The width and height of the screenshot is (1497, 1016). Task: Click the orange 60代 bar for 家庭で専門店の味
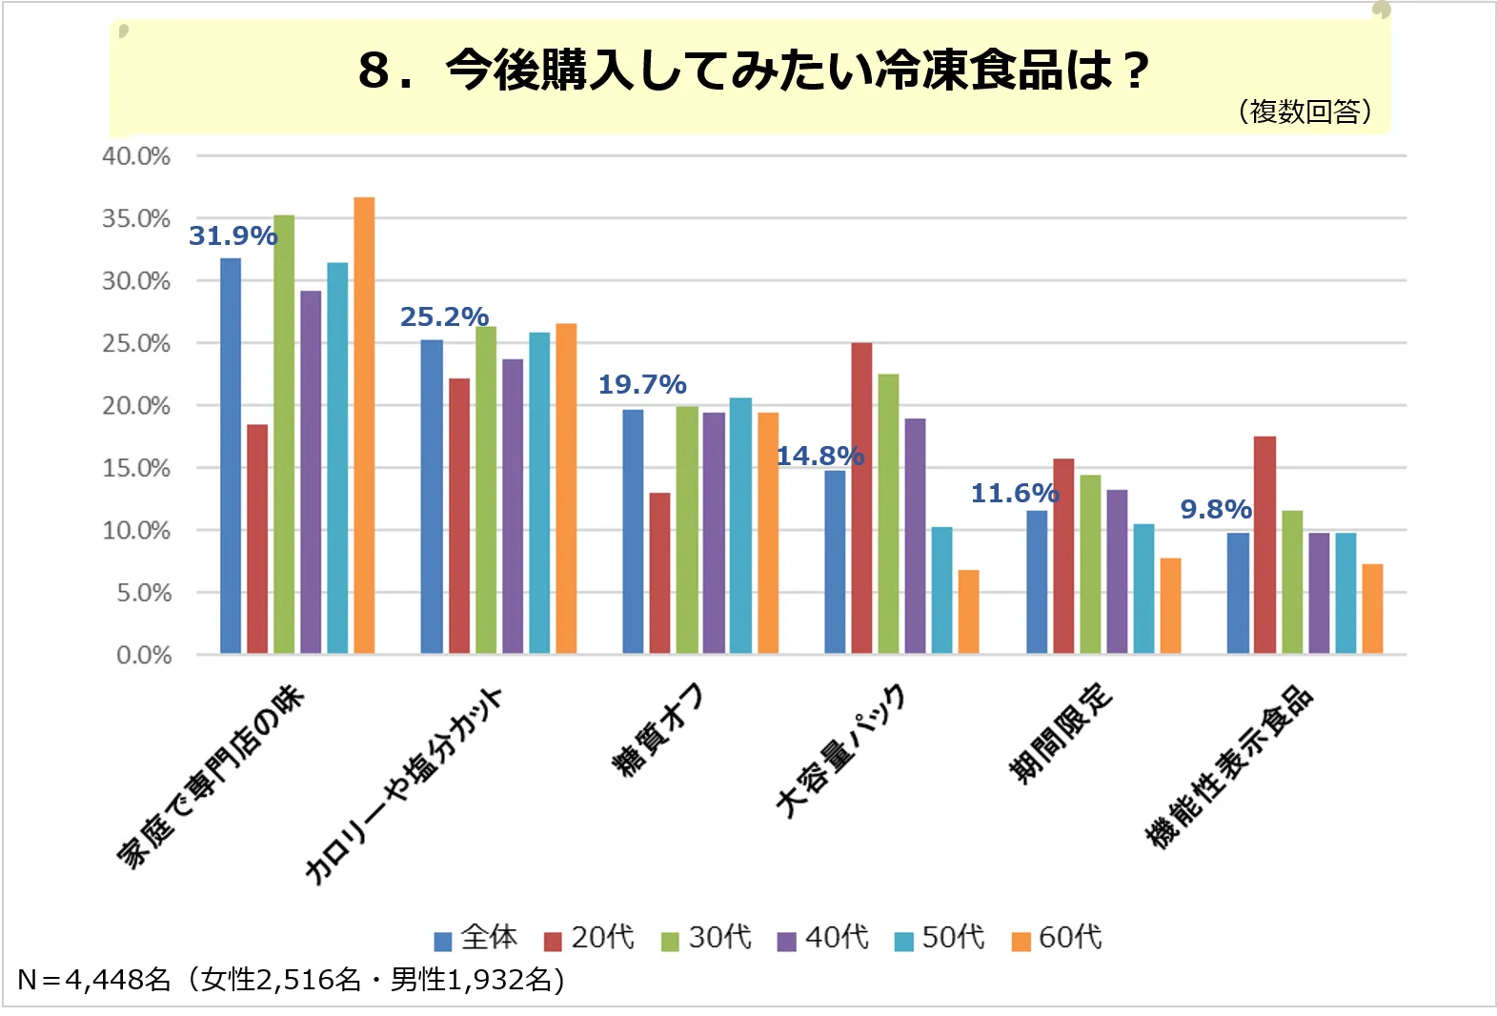(364, 425)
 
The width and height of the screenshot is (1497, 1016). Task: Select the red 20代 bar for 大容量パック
(861, 498)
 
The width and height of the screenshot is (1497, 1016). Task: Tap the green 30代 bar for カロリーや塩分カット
(486, 490)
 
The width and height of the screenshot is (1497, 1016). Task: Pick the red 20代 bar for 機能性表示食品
(1264, 544)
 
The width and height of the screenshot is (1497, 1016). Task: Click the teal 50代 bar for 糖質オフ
(740, 525)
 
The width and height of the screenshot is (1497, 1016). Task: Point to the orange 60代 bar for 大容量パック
(968, 611)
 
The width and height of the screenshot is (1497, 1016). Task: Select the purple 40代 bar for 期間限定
(1117, 571)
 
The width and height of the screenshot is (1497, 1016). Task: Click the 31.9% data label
(233, 235)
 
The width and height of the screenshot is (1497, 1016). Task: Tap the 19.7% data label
(642, 384)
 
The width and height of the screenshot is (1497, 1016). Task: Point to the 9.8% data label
(1216, 509)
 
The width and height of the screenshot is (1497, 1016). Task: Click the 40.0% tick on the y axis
(136, 155)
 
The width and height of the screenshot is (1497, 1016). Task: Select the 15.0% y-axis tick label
(136, 468)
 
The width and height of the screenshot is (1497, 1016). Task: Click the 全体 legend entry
(476, 938)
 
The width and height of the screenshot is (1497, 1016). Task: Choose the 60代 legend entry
(1058, 938)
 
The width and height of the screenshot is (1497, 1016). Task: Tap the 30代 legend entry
(707, 938)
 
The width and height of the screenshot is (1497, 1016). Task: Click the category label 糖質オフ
(657, 729)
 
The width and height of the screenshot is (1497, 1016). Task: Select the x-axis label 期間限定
(1061, 733)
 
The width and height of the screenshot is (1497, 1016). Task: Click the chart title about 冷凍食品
(753, 71)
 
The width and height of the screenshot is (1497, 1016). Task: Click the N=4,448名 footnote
(291, 979)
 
